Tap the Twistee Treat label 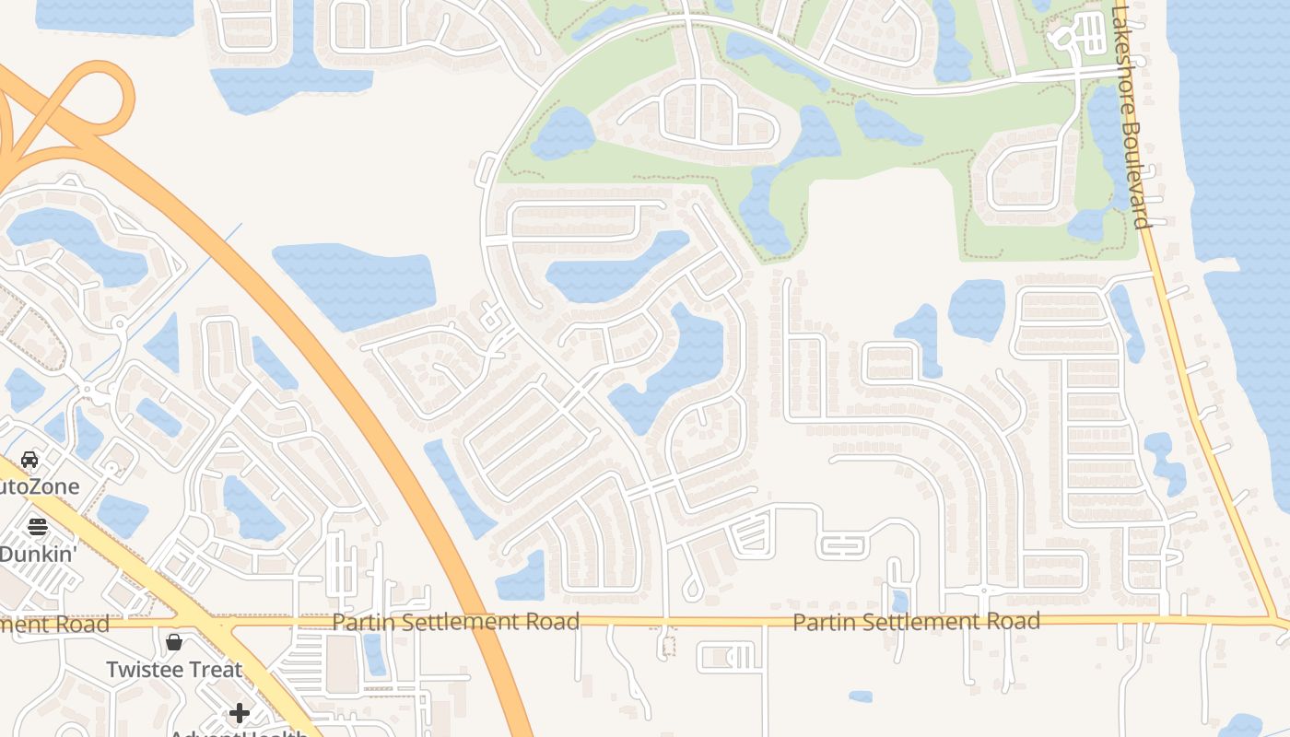pos(174,670)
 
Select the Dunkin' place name pos(37,555)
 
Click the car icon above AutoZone pos(29,459)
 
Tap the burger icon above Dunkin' pos(38,527)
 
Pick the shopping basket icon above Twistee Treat pos(174,641)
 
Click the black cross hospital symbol pos(240,713)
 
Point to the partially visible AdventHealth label pos(240,733)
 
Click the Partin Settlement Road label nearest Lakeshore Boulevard pos(916,622)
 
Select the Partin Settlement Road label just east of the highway pos(455,622)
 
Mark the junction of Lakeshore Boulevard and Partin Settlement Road pos(1276,620)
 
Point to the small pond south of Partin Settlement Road pos(860,696)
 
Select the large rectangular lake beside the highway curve pos(355,286)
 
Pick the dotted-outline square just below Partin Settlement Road pos(669,646)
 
